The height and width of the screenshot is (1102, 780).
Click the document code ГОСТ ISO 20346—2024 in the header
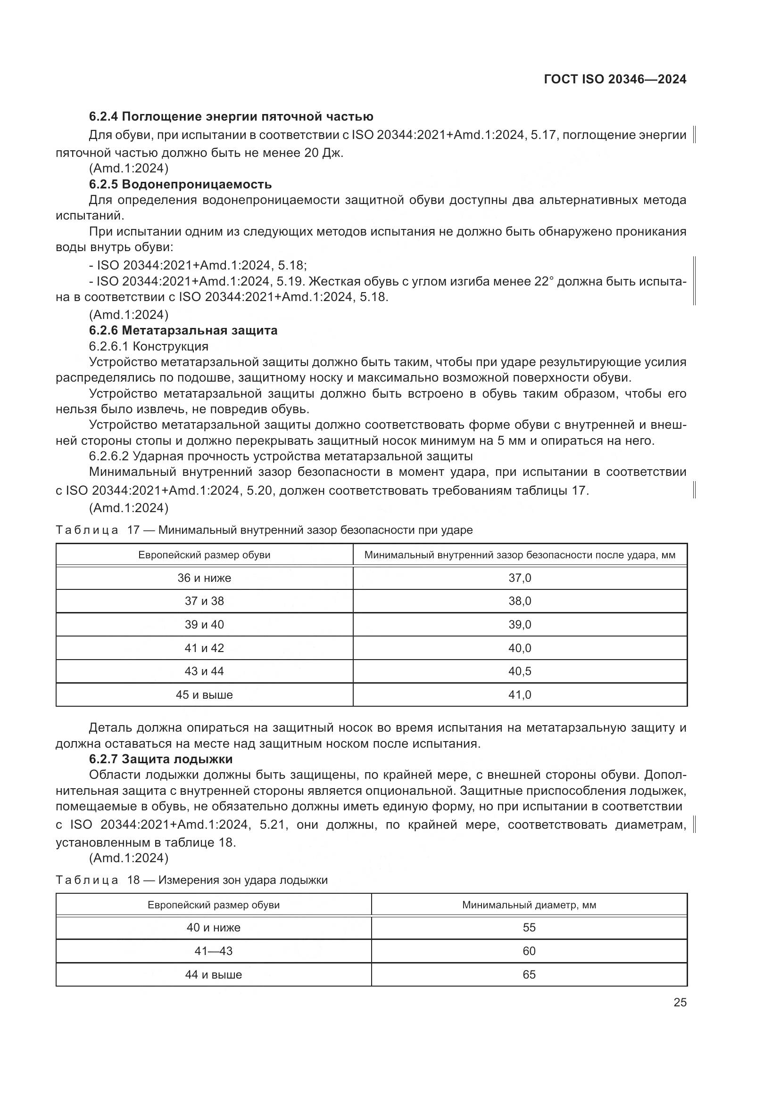(x=615, y=80)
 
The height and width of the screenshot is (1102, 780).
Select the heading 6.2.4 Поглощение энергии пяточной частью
(x=231, y=117)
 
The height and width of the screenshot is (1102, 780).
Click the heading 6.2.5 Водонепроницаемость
(x=180, y=184)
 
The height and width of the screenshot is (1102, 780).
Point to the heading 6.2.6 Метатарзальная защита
(x=183, y=330)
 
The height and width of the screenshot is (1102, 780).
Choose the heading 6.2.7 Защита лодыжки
(x=161, y=759)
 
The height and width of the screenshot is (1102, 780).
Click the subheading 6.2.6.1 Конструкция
(x=149, y=346)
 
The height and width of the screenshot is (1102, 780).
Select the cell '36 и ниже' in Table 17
(x=204, y=578)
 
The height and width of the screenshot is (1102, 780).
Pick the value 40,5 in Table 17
(x=520, y=671)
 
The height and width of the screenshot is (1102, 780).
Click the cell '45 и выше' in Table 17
(x=204, y=694)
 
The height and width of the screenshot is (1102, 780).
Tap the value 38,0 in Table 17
(x=520, y=601)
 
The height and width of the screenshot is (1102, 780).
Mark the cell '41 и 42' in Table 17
(x=204, y=648)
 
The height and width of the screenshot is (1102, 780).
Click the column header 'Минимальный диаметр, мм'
(x=529, y=905)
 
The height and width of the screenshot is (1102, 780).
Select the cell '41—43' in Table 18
(x=213, y=951)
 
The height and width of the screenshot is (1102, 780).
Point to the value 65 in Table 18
(x=529, y=974)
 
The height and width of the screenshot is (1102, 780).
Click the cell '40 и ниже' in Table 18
(x=213, y=927)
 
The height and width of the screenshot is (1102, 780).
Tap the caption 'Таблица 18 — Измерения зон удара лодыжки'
(x=191, y=880)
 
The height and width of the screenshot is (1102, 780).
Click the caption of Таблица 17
(x=264, y=530)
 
